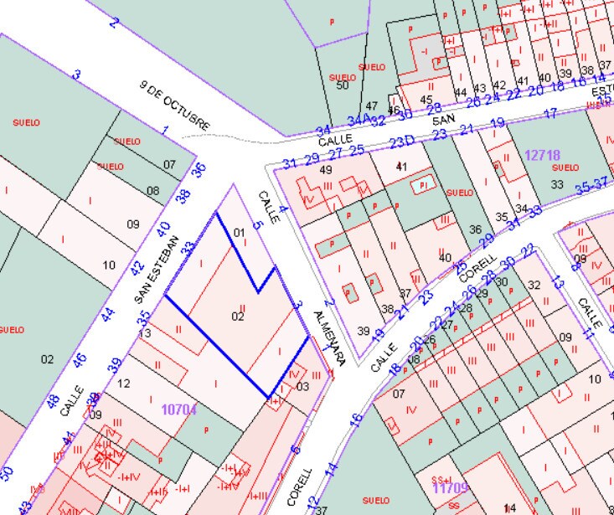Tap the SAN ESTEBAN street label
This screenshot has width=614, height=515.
coord(157,268)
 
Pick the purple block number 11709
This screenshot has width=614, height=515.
coord(450,487)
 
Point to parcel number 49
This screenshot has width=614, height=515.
coord(327,170)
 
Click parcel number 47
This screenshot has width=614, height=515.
coord(372,106)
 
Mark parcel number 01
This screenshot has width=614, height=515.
coord(238,232)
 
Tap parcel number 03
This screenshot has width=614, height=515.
coord(302,386)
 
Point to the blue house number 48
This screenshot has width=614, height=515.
coord(53,401)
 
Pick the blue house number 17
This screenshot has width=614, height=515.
coord(550,114)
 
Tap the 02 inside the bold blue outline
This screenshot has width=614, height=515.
coord(238,316)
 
